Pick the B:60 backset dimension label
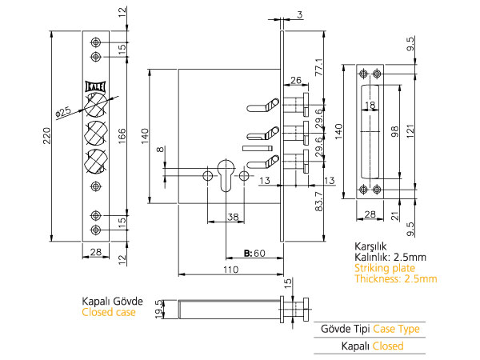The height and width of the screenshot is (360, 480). point(254,254)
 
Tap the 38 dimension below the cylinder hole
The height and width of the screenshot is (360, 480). point(232,216)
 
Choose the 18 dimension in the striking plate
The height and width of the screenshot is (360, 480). point(370,105)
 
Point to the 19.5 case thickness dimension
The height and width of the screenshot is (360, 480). point(158,308)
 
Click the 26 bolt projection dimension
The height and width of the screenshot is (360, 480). point(295,80)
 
